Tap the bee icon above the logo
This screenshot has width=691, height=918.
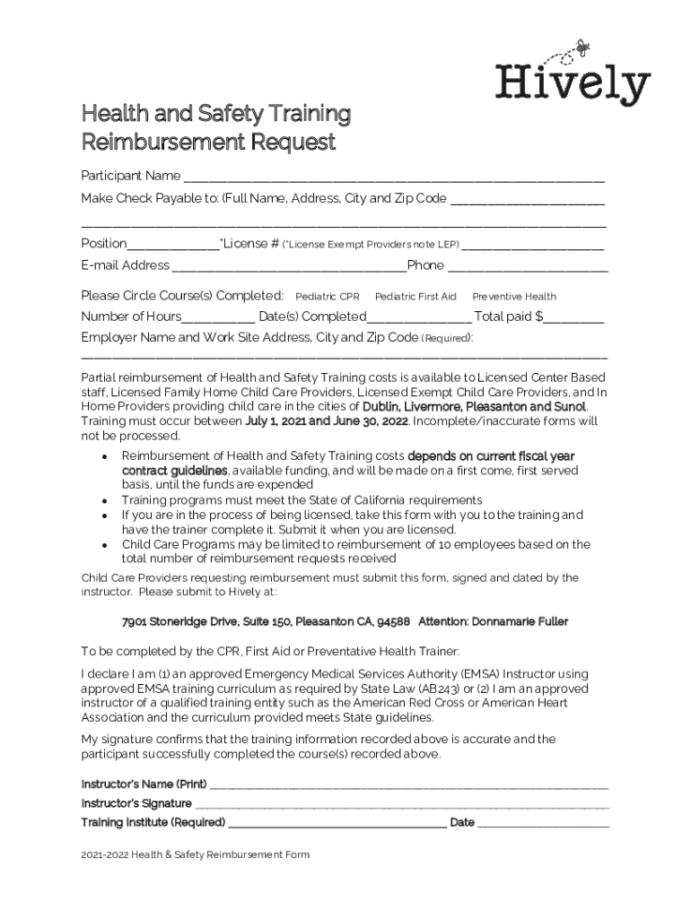582,43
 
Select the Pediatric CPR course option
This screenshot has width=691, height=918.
328,297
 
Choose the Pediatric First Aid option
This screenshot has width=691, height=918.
415,297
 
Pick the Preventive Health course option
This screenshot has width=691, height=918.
514,297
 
